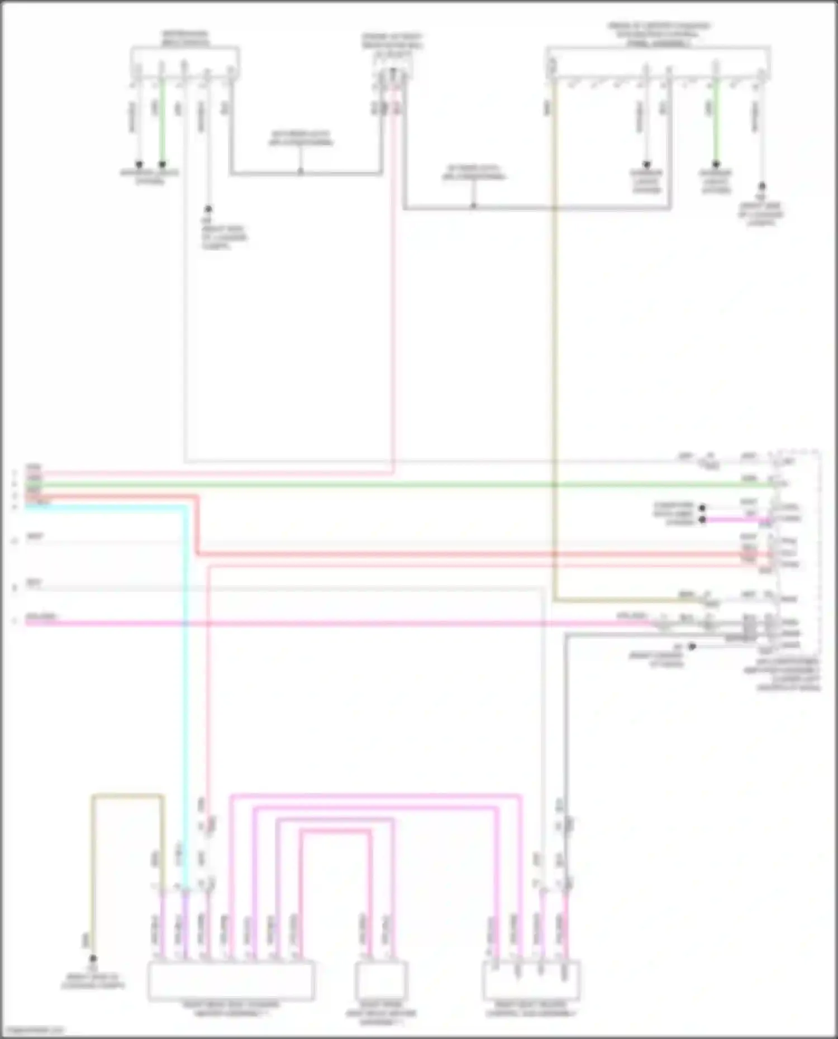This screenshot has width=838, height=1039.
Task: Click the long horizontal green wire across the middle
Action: [391, 485]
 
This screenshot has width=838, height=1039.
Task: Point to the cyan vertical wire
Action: [185, 670]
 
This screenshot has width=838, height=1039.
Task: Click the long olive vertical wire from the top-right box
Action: [554, 335]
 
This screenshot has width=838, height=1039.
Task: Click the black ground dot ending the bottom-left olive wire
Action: [93, 958]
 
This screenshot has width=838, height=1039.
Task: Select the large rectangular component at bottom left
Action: [231, 981]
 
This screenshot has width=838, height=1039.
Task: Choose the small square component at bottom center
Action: [382, 981]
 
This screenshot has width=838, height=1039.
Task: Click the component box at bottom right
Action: [531, 981]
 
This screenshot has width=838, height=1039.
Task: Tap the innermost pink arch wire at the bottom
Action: [335, 832]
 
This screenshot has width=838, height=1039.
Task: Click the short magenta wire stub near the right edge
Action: [732, 520]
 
